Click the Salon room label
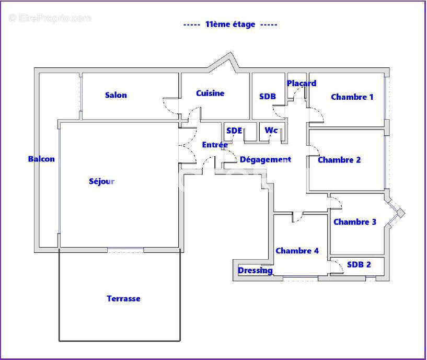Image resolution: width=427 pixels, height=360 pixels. [x=116, y=95]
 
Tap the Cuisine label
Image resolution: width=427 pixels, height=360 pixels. [x=210, y=94]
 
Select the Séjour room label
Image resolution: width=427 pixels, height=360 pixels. [x=101, y=182]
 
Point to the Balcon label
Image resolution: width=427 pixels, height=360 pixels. [x=41, y=159]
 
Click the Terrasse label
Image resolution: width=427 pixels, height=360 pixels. [x=123, y=299]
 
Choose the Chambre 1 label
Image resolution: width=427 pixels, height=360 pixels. [x=352, y=97]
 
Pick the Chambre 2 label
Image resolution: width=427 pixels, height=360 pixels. [x=339, y=160]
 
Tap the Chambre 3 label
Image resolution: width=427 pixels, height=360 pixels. [x=355, y=222]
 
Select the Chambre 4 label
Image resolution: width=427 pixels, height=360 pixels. [x=297, y=251]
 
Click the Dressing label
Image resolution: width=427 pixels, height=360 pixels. [x=255, y=270]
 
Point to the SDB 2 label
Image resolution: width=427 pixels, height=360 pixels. [x=359, y=265]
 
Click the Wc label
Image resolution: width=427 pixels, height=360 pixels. [x=271, y=130]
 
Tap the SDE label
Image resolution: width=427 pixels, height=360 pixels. [x=234, y=131]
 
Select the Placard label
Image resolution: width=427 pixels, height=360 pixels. [x=302, y=83]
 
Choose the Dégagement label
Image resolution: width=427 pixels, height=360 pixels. [x=265, y=160]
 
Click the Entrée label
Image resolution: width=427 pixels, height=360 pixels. [x=215, y=145]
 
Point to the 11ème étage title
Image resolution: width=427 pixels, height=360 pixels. [x=230, y=24]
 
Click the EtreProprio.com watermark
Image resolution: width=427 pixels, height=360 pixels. [x=50, y=18]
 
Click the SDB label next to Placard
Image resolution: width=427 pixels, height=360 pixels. [x=268, y=97]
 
